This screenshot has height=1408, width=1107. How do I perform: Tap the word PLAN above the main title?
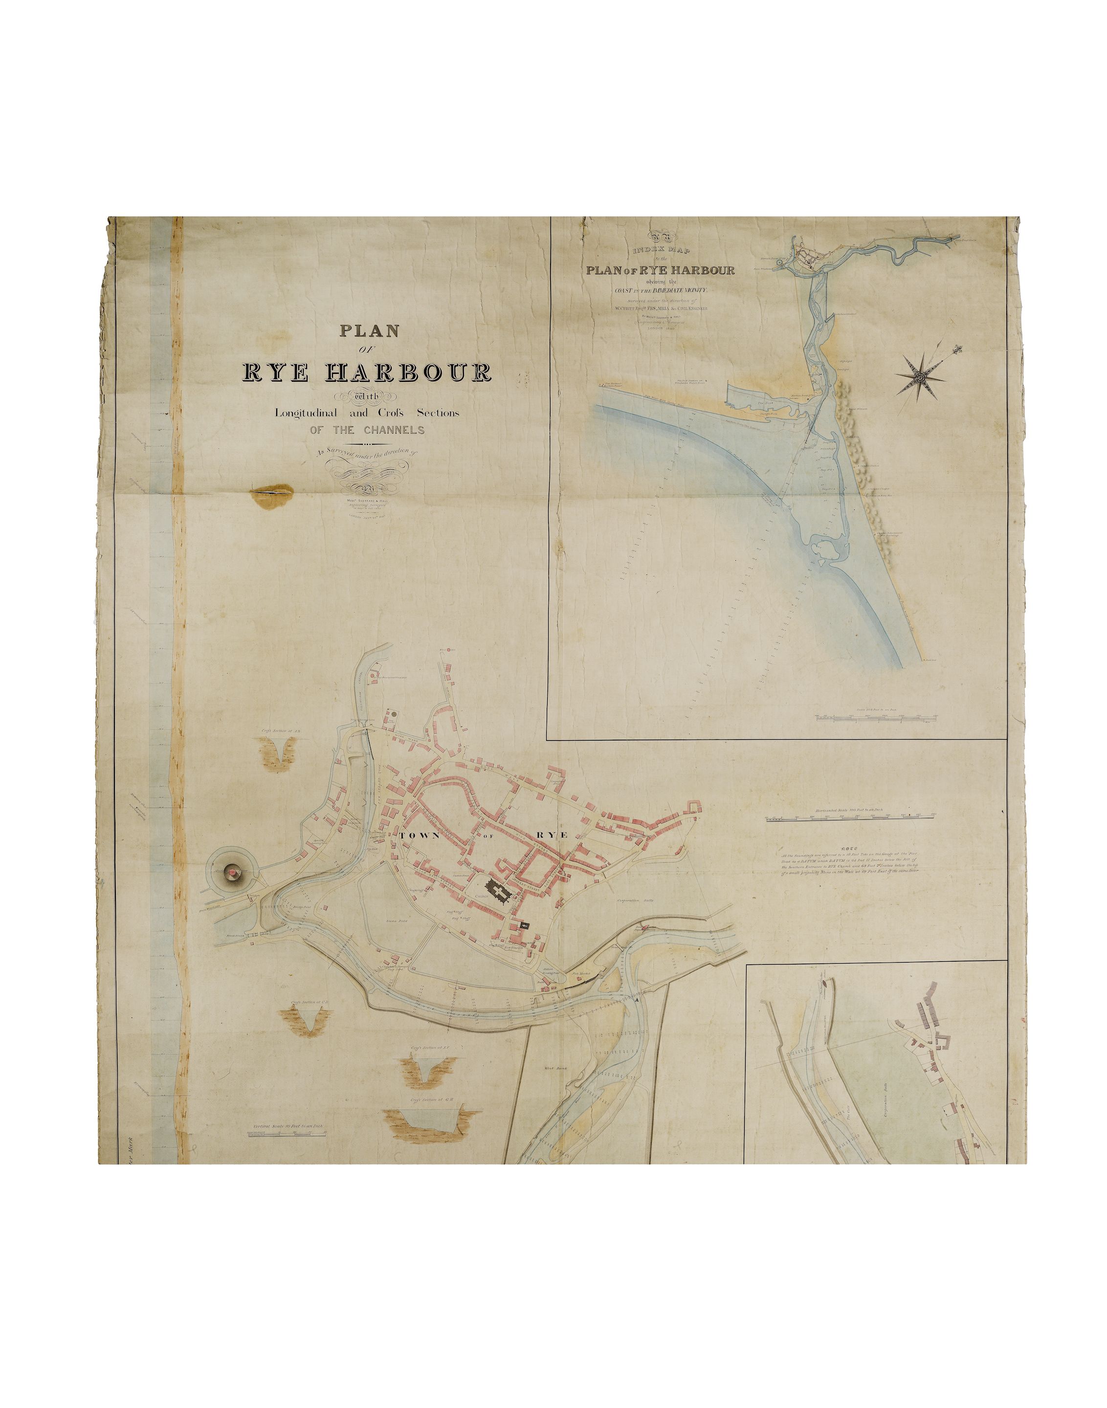370,330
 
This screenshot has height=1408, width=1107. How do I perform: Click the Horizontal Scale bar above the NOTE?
850,819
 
